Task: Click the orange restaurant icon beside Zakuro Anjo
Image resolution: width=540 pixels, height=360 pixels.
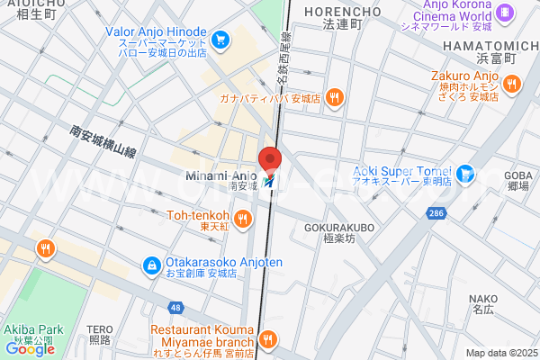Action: tap(511, 84)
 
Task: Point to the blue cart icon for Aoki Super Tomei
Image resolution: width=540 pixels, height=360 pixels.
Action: tap(465, 173)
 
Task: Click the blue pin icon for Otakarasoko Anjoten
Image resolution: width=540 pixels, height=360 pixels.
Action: tap(151, 265)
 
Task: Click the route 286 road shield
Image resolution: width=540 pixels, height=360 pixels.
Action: tap(434, 212)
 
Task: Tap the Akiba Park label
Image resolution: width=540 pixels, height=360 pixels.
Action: tap(28, 330)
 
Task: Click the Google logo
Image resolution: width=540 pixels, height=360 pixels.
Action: tap(29, 348)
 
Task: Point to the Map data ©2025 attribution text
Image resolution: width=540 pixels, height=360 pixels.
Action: tap(500, 353)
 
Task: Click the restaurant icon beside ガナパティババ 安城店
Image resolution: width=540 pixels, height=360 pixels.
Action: tap(334, 97)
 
